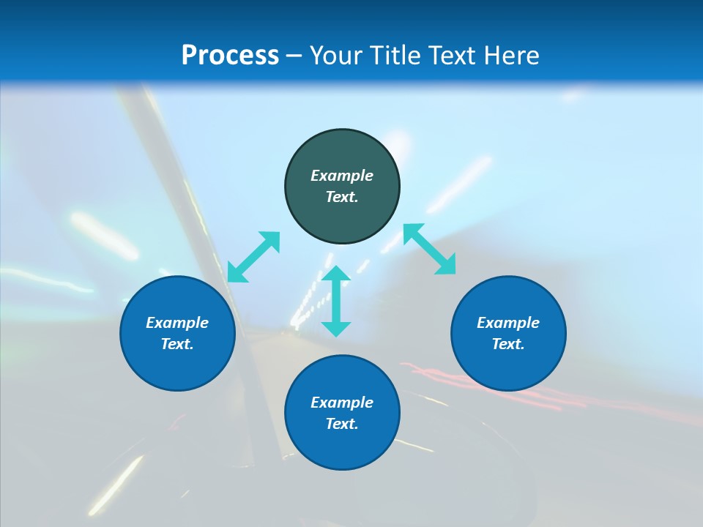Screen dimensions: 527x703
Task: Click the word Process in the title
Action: (x=230, y=56)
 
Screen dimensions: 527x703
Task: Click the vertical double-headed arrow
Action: (x=336, y=301)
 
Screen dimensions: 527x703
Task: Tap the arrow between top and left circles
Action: (x=253, y=256)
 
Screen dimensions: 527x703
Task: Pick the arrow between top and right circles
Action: (x=430, y=249)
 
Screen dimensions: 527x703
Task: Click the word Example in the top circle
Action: (x=342, y=176)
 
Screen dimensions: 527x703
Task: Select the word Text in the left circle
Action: (x=177, y=344)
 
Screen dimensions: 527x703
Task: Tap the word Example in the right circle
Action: (x=508, y=323)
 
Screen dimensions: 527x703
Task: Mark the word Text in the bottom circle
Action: (x=342, y=424)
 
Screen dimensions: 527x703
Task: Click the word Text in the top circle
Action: (x=342, y=197)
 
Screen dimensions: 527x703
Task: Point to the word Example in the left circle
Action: (x=177, y=323)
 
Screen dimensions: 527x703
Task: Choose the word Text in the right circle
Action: (x=508, y=344)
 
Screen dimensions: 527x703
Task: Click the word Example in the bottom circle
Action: (x=342, y=403)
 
